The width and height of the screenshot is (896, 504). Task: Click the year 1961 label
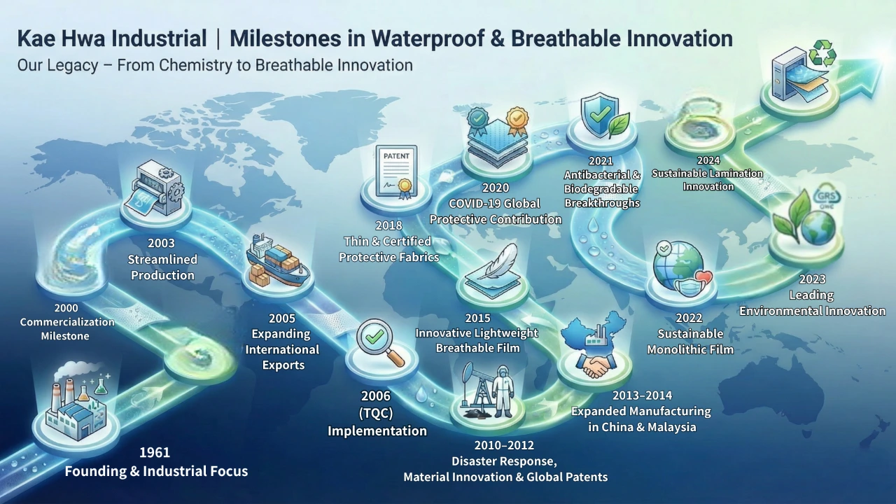click(x=155, y=452)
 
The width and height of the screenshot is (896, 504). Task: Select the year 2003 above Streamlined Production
click(x=161, y=243)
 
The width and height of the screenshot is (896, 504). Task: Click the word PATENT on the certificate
click(x=396, y=156)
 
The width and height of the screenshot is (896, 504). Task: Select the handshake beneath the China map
click(x=595, y=365)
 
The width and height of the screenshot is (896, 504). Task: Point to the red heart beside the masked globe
click(x=703, y=276)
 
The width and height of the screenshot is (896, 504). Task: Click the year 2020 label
click(x=495, y=188)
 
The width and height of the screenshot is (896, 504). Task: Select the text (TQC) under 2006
click(x=376, y=413)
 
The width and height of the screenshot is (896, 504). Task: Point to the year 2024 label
click(x=708, y=160)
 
